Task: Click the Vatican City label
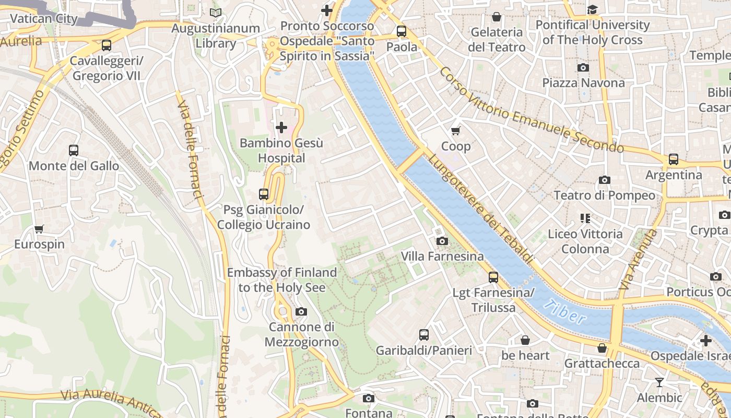[x=44, y=19]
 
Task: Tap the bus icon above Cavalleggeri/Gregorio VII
[x=107, y=45]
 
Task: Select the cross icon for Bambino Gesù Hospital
[x=281, y=127]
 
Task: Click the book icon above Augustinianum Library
[x=216, y=13]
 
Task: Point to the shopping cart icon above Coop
[x=456, y=131]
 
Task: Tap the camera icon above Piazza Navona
[x=583, y=67]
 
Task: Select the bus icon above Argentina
[x=674, y=159]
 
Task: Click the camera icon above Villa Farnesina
[x=442, y=241]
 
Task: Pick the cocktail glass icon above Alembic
[x=659, y=382]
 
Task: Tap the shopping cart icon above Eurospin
[x=39, y=229]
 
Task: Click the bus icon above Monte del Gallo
[x=74, y=150]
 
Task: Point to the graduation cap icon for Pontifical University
[x=592, y=9]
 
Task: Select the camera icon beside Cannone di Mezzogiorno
[x=301, y=312]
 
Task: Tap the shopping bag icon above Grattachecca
[x=602, y=348]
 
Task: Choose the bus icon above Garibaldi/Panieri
[x=424, y=335]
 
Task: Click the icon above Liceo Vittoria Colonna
[x=585, y=218]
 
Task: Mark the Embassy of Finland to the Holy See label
[x=282, y=280]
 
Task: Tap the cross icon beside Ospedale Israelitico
[x=706, y=341]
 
